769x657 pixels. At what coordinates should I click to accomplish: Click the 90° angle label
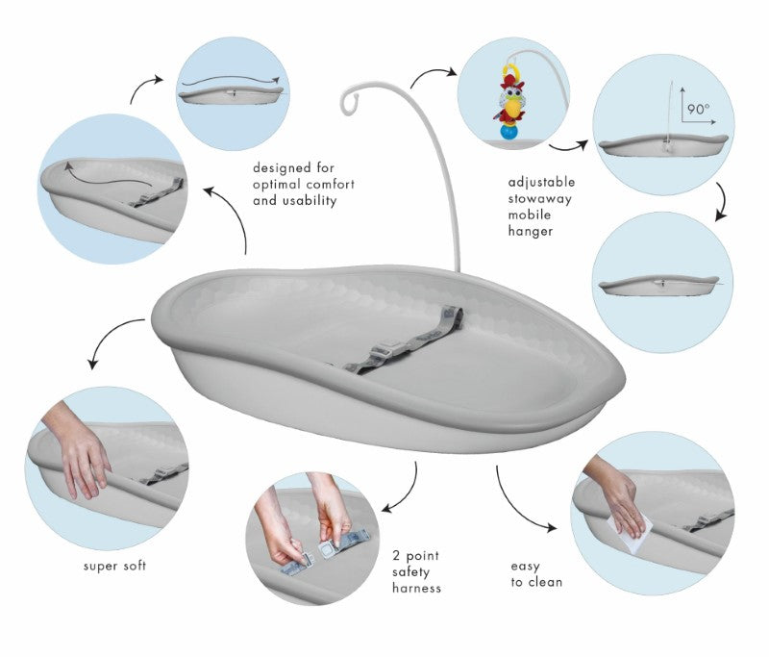[698, 109]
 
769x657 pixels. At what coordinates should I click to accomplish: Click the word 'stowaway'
[540, 199]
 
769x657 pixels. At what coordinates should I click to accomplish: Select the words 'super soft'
[114, 566]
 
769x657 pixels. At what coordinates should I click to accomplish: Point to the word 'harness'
[416, 588]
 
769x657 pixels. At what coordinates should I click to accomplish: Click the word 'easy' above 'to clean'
[525, 567]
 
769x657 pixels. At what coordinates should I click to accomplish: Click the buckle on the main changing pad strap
[381, 352]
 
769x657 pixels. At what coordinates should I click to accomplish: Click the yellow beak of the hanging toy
[513, 106]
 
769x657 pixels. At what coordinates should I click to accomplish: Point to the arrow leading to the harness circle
[409, 494]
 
